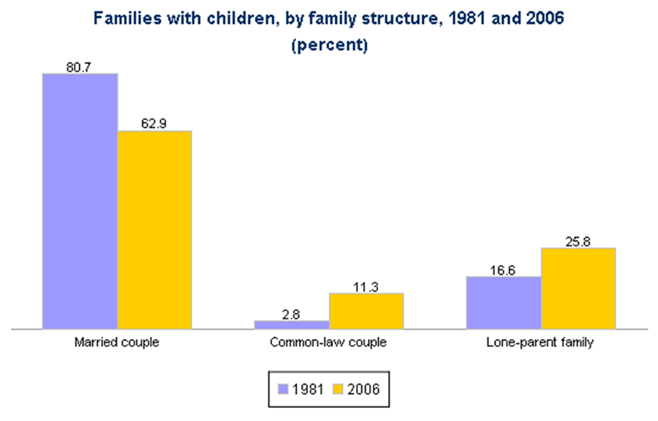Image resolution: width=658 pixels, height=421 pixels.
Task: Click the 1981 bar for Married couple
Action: (x=80, y=201)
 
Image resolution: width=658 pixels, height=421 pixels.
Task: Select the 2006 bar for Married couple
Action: (x=154, y=229)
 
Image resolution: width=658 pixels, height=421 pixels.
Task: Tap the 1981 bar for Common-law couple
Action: (x=292, y=324)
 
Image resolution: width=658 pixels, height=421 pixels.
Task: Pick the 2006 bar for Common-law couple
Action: (x=366, y=311)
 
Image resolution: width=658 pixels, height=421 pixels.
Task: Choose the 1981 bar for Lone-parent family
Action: (x=504, y=302)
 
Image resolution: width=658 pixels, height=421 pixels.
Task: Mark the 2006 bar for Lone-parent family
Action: (x=578, y=288)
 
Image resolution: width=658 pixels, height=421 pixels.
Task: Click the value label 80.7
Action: (x=79, y=67)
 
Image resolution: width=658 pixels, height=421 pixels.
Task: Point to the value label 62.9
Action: (x=154, y=124)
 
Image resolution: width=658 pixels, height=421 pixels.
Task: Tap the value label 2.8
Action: (x=292, y=313)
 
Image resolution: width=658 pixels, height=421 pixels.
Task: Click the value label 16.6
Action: (x=504, y=269)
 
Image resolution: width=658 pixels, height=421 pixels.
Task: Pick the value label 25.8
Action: (x=578, y=241)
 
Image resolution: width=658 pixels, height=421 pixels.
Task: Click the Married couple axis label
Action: (x=118, y=342)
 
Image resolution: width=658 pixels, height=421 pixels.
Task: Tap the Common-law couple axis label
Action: (x=329, y=342)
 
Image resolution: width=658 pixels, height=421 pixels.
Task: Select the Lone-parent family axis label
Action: (x=541, y=342)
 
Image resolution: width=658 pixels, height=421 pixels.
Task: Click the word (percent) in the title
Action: (x=329, y=45)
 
